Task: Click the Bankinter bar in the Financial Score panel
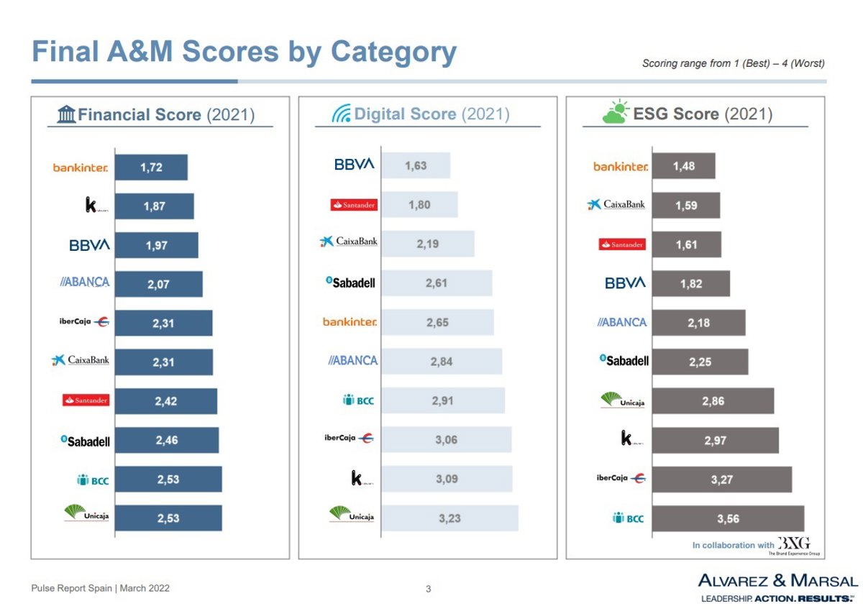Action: pos(151,167)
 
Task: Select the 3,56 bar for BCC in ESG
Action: pos(728,518)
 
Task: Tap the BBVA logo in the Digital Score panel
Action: pos(354,165)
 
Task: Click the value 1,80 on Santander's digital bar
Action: pos(419,205)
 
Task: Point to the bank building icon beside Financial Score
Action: pos(66,114)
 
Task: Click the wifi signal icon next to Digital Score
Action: pos(341,114)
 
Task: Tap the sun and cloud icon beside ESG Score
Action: pos(616,113)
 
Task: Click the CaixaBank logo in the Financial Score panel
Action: pos(81,360)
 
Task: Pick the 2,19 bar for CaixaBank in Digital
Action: pos(428,244)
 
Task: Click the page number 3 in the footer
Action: pos(429,589)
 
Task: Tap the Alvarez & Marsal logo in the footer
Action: pos(778,586)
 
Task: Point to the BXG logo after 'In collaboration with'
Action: pos(793,543)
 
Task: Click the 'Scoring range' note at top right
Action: pos(733,63)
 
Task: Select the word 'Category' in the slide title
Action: pos(393,52)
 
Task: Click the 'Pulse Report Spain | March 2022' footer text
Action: pos(100,588)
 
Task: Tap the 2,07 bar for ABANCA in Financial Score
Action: pos(158,285)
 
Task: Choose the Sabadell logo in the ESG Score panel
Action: pos(624,361)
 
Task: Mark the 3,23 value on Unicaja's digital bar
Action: pos(449,518)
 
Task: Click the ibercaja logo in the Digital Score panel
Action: pos(349,438)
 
